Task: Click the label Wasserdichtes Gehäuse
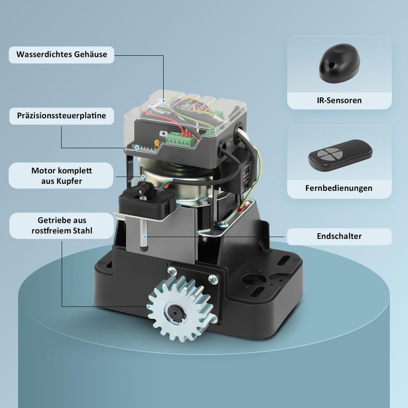pos(62,55)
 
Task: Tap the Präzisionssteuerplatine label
pos(62,116)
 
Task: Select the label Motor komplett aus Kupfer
pos(62,176)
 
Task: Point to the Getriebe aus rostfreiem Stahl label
pos(62,225)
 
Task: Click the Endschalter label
pos(339,236)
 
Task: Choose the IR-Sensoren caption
pos(339,100)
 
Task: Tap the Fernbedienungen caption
pos(339,188)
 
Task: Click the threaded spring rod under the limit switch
pos(143,233)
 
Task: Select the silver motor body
pos(175,186)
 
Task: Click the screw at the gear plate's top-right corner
pos(213,280)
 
